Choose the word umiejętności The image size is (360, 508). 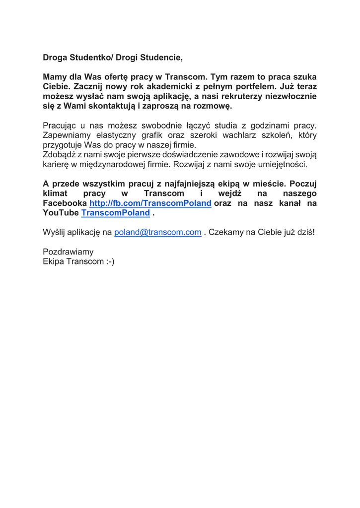[x=282, y=164]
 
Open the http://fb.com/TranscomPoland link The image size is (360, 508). [x=150, y=203]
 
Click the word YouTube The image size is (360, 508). [x=61, y=213]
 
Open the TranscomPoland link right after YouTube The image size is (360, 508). [x=115, y=213]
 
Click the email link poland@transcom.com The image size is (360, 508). [x=158, y=232]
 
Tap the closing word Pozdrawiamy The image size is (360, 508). [x=68, y=252]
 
